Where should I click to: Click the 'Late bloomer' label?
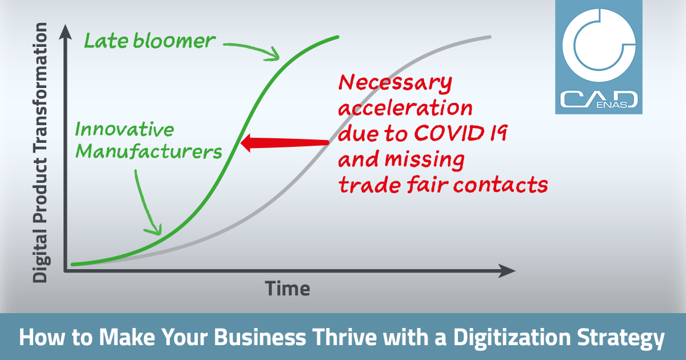150,41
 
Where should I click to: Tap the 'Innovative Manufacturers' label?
149,141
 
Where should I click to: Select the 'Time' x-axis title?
288,289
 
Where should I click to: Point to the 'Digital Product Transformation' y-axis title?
41,153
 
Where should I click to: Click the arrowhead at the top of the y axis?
65,32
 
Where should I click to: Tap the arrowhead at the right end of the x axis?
507,271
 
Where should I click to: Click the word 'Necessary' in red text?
396,83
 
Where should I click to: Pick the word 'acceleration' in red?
405,107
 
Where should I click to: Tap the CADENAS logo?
599,57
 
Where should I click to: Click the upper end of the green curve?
337,37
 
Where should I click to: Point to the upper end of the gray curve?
490,37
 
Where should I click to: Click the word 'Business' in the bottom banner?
260,337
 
